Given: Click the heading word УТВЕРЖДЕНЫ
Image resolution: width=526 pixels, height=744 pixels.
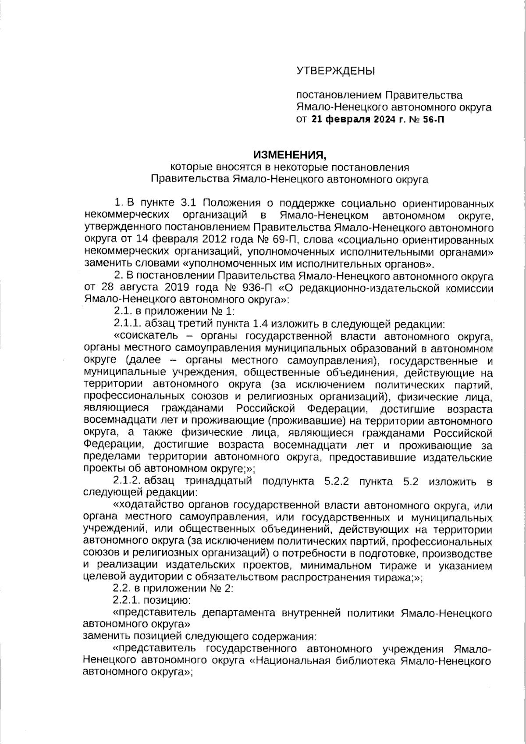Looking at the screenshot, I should [x=335, y=71].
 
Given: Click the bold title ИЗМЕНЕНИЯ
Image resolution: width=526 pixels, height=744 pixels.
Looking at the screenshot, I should [x=290, y=155].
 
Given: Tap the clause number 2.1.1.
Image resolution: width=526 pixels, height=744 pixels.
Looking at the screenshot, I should [x=128, y=324].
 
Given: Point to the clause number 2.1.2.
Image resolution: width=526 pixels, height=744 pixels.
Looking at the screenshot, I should [x=128, y=481].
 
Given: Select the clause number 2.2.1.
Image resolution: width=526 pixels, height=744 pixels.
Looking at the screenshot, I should [x=128, y=600].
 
